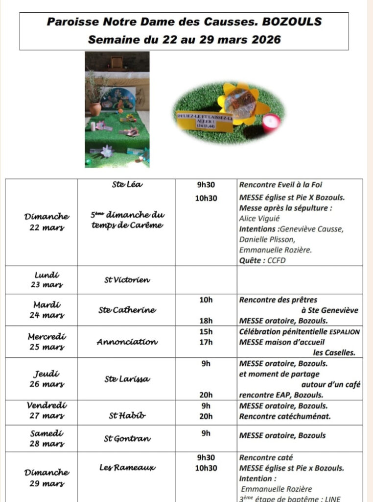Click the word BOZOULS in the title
(x=292, y=22)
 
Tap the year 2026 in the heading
(x=264, y=39)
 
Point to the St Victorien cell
(x=126, y=280)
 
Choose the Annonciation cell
(x=126, y=342)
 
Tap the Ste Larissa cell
(x=126, y=378)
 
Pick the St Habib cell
(x=126, y=416)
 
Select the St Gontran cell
(x=126, y=439)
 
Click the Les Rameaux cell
(x=126, y=468)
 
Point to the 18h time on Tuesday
(x=206, y=321)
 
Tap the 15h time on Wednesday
(x=206, y=331)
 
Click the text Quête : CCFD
(x=262, y=260)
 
